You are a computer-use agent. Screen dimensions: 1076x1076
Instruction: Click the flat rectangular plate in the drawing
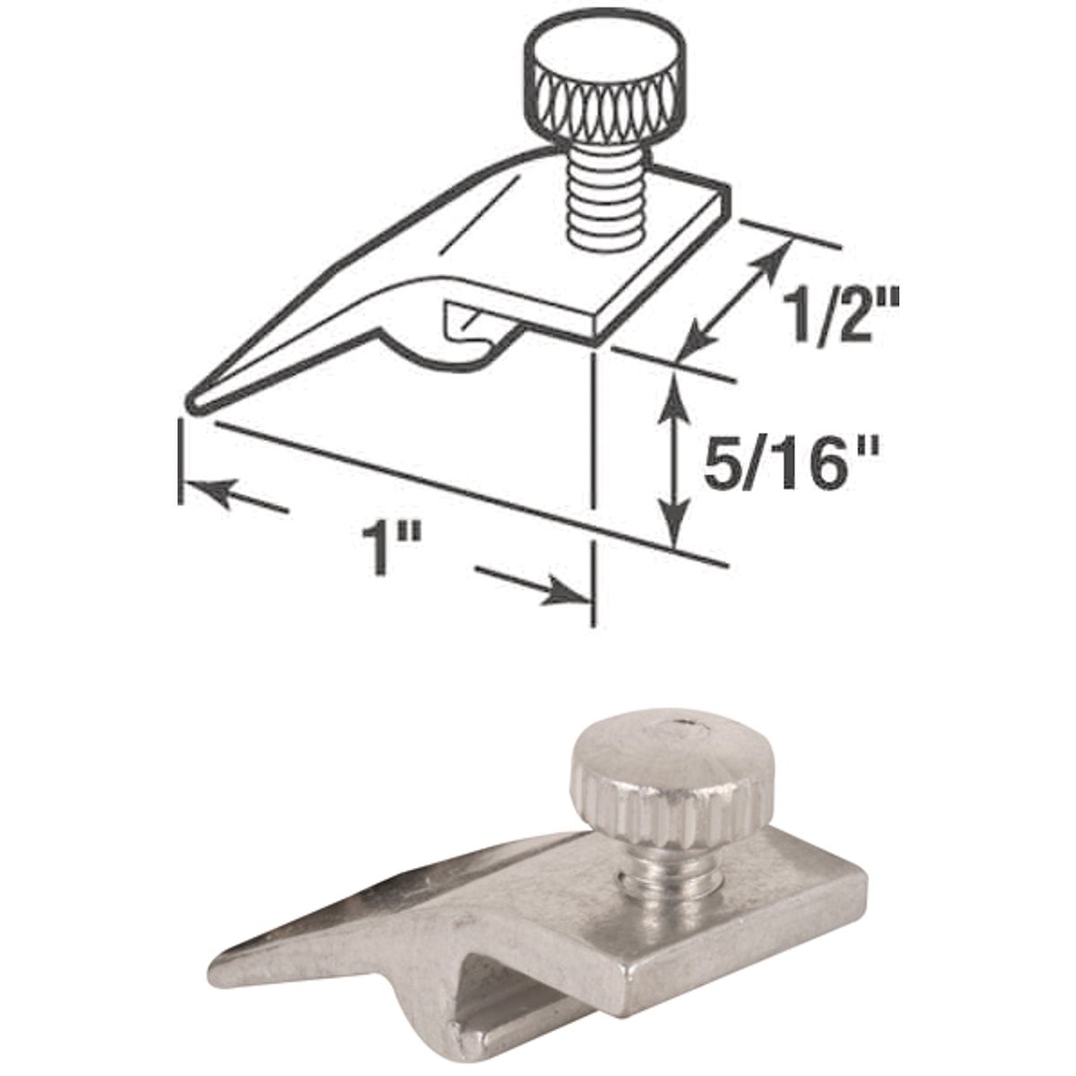(646, 260)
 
